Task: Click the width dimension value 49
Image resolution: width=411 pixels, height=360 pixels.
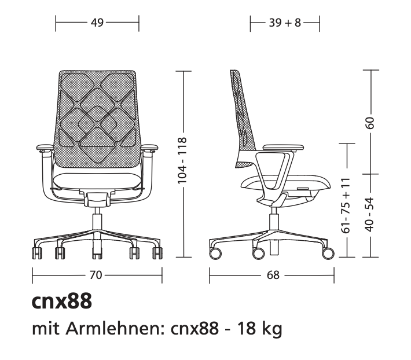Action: [x=97, y=23]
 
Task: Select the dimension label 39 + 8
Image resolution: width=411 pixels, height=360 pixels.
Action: [x=284, y=23]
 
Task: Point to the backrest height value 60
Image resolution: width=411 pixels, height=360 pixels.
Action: [x=370, y=122]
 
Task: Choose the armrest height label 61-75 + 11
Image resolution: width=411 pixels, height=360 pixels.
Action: [x=346, y=205]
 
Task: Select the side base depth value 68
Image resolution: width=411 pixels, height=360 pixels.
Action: [x=273, y=275]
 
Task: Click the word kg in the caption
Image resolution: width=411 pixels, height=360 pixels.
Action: [x=271, y=330]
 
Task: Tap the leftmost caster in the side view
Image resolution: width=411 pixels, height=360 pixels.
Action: [x=215, y=253]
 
